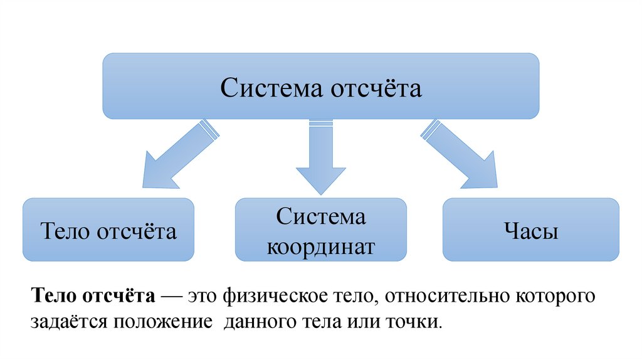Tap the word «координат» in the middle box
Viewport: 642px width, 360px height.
(x=321, y=246)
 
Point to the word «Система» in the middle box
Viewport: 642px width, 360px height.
(x=321, y=218)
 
